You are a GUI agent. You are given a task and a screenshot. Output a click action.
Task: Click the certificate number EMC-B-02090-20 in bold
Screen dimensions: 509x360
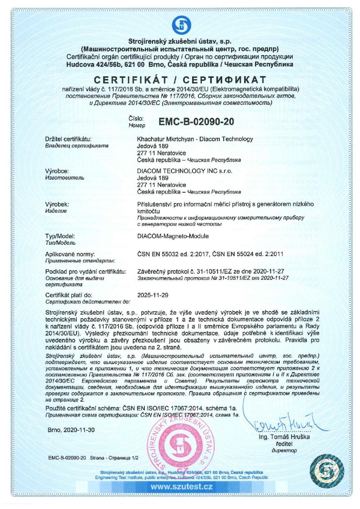click(x=196, y=122)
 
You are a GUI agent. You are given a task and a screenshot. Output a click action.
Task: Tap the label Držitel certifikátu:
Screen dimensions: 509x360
click(x=68, y=139)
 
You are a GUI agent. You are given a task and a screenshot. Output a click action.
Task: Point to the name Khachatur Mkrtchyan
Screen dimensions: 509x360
click(x=166, y=139)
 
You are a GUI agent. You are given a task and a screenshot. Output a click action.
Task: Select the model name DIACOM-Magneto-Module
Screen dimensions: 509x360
click(x=173, y=236)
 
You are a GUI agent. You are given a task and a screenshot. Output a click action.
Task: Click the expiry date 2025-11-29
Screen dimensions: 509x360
click(x=153, y=295)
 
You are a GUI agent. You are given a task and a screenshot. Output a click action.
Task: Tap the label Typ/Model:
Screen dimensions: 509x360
click(x=60, y=236)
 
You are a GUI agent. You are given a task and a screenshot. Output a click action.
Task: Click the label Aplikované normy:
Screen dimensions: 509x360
click(x=70, y=254)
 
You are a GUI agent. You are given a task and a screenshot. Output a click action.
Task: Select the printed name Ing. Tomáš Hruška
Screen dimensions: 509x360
click(x=284, y=437)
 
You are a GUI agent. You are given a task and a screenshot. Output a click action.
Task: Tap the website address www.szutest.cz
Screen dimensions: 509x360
click(x=181, y=487)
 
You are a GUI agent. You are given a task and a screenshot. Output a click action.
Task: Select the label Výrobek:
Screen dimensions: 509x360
click(x=57, y=204)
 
